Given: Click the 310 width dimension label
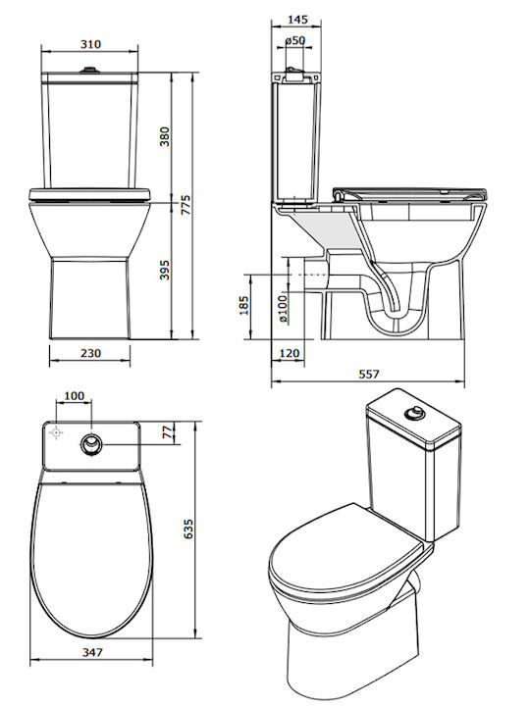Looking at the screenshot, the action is (x=90, y=44).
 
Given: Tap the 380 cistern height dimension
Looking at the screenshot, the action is (x=165, y=136).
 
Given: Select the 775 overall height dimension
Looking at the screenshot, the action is (x=185, y=205).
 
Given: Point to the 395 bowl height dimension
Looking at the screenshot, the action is (x=165, y=270).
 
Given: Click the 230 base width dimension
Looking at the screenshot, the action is (x=90, y=353).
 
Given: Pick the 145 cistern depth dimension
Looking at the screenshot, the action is (x=297, y=20).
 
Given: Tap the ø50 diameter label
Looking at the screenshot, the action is (x=295, y=40).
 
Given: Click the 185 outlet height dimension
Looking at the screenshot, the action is (x=243, y=305).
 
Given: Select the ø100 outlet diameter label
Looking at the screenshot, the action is (x=283, y=309).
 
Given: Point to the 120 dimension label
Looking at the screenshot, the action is (x=290, y=353).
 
